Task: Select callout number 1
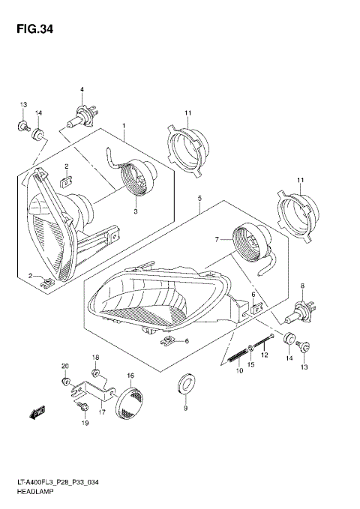[x=124, y=127]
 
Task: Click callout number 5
[x=199, y=199]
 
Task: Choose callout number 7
[x=215, y=240]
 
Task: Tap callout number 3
[x=136, y=213]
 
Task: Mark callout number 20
[x=64, y=365]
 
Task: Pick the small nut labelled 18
[x=95, y=373]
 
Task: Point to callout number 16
[x=130, y=375]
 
